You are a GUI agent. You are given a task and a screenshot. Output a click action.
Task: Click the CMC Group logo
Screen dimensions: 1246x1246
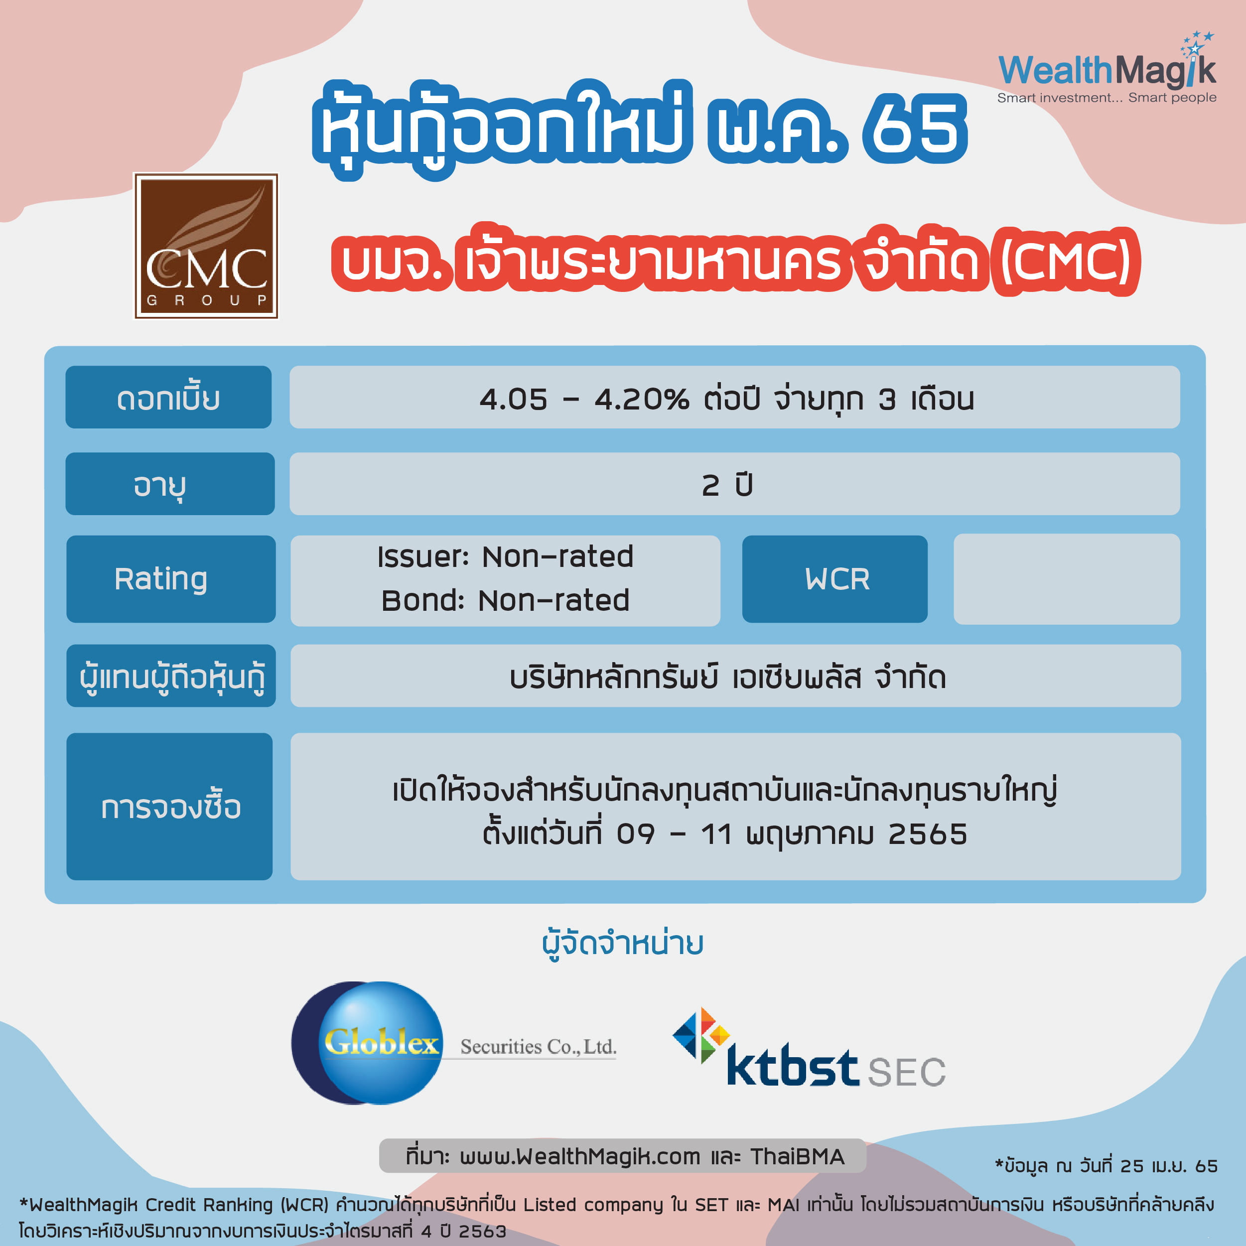click(206, 246)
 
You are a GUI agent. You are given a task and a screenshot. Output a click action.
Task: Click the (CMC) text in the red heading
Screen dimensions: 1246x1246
click(1066, 261)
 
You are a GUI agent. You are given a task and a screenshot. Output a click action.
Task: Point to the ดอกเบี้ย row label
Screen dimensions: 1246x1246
click(168, 397)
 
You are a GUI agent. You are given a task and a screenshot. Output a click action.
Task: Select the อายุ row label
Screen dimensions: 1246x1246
click(170, 484)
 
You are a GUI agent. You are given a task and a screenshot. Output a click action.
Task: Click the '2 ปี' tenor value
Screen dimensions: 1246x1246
click(727, 485)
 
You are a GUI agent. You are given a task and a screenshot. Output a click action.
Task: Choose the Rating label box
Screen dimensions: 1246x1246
click(171, 578)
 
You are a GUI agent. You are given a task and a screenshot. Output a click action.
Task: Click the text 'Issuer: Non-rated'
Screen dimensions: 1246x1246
click(506, 556)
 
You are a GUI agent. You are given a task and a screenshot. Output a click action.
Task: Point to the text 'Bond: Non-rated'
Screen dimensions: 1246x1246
click(506, 600)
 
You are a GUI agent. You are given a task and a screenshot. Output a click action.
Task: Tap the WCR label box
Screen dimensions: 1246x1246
click(834, 578)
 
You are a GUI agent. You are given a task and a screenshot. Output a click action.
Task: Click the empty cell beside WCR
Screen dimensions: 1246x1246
click(1067, 578)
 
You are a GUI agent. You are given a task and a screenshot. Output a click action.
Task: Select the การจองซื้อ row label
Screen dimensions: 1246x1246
click(169, 806)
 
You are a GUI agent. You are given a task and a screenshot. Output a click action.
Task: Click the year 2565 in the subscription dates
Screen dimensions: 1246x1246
click(928, 834)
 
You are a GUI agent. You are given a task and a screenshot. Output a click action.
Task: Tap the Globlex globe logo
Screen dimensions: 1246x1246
click(368, 1043)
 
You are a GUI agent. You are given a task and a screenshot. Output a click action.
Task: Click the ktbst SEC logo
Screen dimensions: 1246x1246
click(809, 1048)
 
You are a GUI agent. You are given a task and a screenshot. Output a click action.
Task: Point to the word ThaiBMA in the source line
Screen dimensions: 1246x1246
click(797, 1156)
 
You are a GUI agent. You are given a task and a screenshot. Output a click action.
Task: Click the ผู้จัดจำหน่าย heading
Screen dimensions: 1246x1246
click(623, 944)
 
